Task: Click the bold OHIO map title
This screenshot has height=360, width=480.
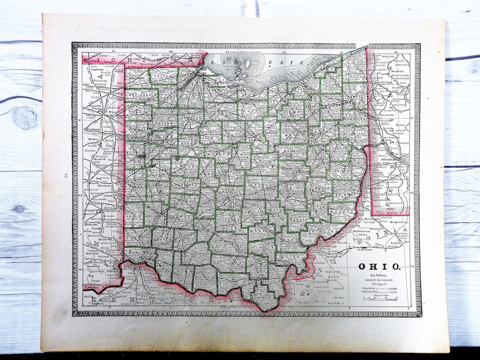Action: [379, 266]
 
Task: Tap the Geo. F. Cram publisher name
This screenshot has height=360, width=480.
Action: [378, 275]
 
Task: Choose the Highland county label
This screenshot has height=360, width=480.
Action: [197, 256]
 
